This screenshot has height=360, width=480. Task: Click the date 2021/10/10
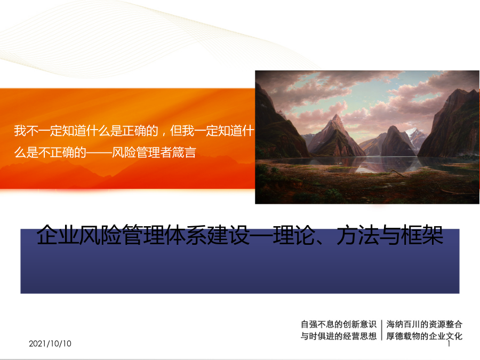[x=50, y=343]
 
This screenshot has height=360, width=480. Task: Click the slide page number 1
[x=449, y=344]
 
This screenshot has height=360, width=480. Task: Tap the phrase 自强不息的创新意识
[x=338, y=324]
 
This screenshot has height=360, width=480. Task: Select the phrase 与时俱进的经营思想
[x=338, y=336]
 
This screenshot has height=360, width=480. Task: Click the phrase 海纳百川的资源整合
[x=425, y=324]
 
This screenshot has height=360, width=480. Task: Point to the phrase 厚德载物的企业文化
[x=425, y=336]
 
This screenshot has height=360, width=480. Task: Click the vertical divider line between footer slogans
[x=381, y=330]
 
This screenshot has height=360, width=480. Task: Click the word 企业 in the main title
[x=57, y=235]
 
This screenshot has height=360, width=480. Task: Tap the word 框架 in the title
[x=422, y=235]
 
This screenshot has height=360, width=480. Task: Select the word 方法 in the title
[x=357, y=235]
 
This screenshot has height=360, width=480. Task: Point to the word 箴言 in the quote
[x=184, y=152]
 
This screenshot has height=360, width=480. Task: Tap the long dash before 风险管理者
[x=99, y=153]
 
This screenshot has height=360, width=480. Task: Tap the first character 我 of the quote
[x=20, y=131]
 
